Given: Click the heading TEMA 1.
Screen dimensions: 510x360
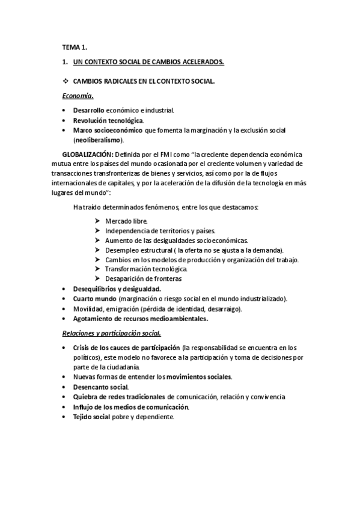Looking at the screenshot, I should click(x=75, y=47).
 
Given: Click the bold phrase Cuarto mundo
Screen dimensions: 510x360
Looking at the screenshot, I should click(x=94, y=299).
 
